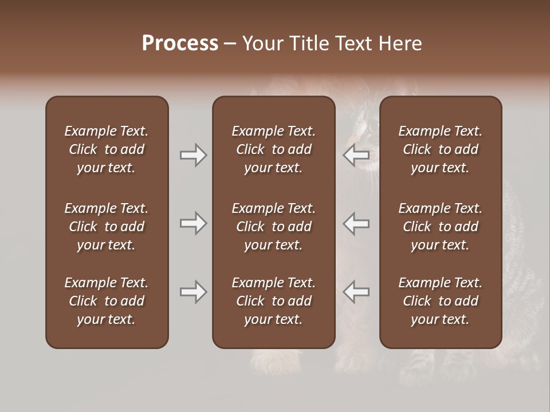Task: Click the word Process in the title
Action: (x=180, y=43)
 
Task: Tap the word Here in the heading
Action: (x=400, y=43)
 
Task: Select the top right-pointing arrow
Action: (x=193, y=155)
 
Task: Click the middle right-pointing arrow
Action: (x=193, y=223)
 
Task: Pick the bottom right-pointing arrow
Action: (x=193, y=292)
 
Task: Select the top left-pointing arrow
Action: (x=356, y=155)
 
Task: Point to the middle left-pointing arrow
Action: (x=356, y=223)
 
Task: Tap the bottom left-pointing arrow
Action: (x=356, y=292)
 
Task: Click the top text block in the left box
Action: (x=107, y=149)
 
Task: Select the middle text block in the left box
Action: (x=107, y=227)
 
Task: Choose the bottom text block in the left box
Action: (x=107, y=301)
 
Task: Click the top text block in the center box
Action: (x=274, y=149)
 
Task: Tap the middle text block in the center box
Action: (x=274, y=227)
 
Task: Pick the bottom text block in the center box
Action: (x=274, y=301)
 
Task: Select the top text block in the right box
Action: (x=441, y=149)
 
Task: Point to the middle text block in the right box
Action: (x=441, y=227)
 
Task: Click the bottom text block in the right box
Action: (x=441, y=301)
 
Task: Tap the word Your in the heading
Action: (x=262, y=43)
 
